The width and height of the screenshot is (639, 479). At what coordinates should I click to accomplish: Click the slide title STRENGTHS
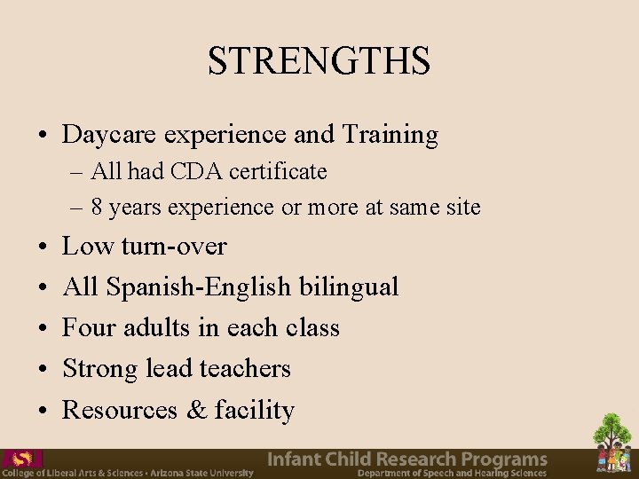[x=319, y=60]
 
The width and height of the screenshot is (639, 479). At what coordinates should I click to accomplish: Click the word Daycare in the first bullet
[x=97, y=135]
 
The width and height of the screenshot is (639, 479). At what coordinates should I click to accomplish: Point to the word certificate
[x=279, y=171]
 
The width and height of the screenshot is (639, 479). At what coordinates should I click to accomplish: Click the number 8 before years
[x=96, y=208]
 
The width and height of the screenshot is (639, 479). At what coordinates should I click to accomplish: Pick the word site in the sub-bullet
[x=464, y=208]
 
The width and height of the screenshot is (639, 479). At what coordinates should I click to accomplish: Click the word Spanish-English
[x=198, y=287]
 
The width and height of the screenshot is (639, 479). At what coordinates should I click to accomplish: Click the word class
[x=312, y=327]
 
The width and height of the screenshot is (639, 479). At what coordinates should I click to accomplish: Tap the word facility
[x=255, y=410]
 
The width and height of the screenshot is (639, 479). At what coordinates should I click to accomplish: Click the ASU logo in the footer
[x=21, y=459]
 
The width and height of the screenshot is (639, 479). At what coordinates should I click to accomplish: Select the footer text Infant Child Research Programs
[x=407, y=459]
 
